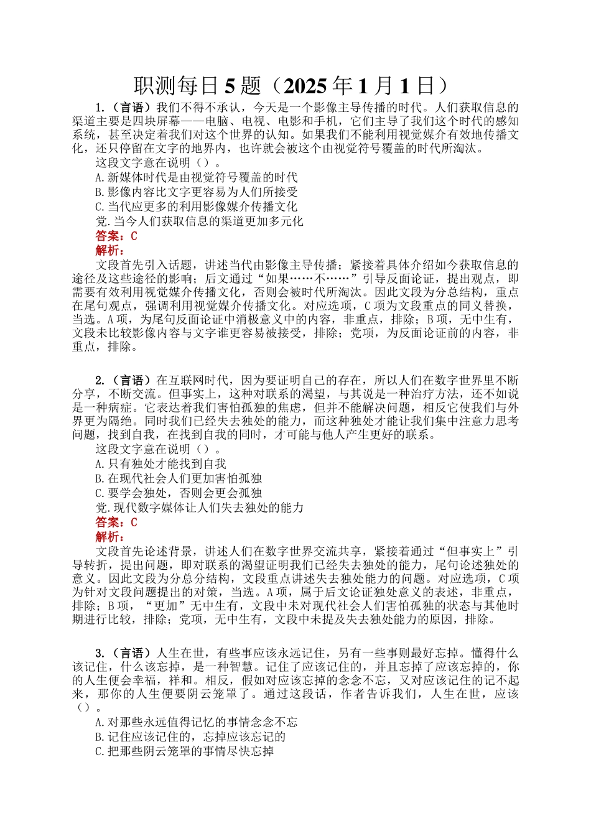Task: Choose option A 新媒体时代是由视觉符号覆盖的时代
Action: (197, 177)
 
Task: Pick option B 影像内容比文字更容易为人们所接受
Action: (197, 192)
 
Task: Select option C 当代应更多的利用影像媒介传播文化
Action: (197, 207)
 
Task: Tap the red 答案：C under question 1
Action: (116, 236)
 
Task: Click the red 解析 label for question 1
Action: (109, 250)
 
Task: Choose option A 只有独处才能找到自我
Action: (161, 463)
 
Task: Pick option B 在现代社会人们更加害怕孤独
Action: (179, 478)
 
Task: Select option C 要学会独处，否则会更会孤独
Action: (179, 493)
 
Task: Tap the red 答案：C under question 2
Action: (116, 522)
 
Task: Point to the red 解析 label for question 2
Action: (109, 536)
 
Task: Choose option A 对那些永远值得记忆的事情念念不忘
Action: (197, 722)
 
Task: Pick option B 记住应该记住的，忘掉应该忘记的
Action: (190, 736)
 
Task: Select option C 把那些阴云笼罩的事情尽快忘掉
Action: (185, 751)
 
